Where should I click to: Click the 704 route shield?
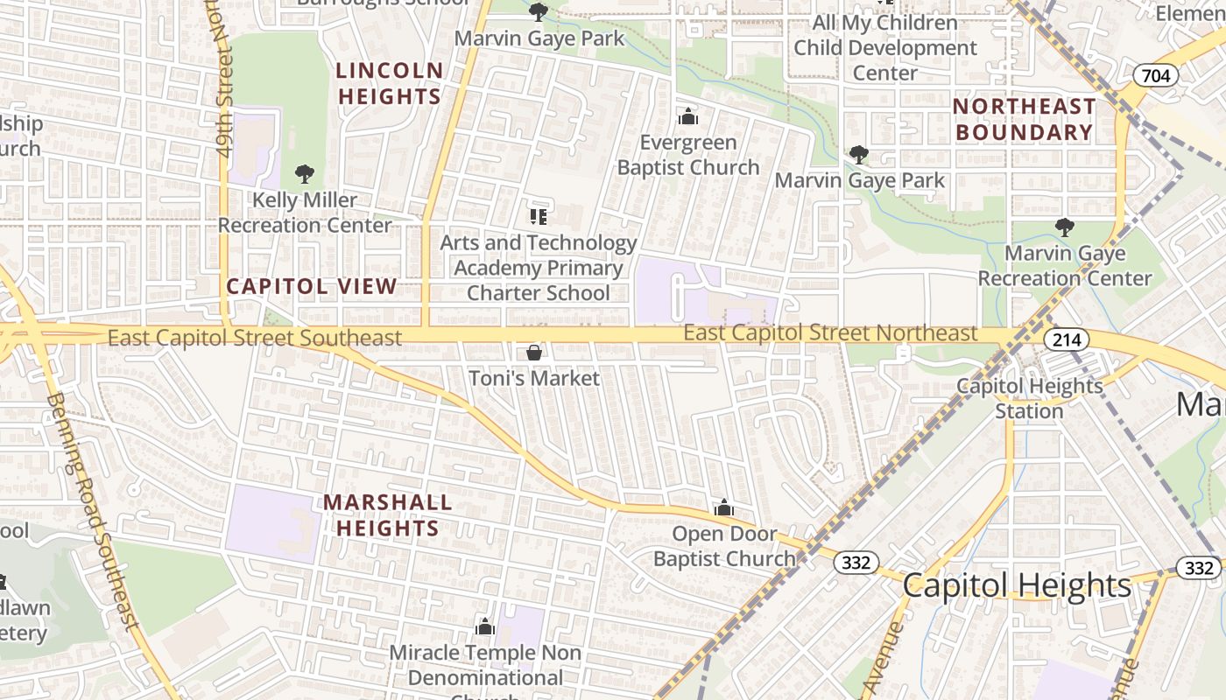coord(1155,76)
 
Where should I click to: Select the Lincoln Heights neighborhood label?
coord(390,83)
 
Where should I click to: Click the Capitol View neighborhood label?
coord(312,286)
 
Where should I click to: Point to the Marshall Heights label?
coord(388,515)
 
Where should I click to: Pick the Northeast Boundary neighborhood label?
coord(1024,119)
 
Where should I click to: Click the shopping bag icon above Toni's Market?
coord(533,353)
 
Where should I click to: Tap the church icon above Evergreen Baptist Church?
coord(688,116)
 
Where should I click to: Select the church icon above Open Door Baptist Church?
coord(723,507)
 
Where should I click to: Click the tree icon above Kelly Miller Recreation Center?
coord(304,174)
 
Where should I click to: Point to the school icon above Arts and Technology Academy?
coord(538,216)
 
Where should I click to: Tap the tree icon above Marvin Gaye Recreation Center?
coord(1064,227)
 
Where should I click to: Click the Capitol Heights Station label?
coord(1029,398)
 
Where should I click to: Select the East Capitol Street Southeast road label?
coord(255,338)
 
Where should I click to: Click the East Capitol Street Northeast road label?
coord(829,333)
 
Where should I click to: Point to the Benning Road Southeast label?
coord(91,511)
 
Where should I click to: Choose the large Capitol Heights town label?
coord(1017,585)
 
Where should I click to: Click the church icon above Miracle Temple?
coord(484,626)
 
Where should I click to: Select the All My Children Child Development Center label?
coord(884,47)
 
